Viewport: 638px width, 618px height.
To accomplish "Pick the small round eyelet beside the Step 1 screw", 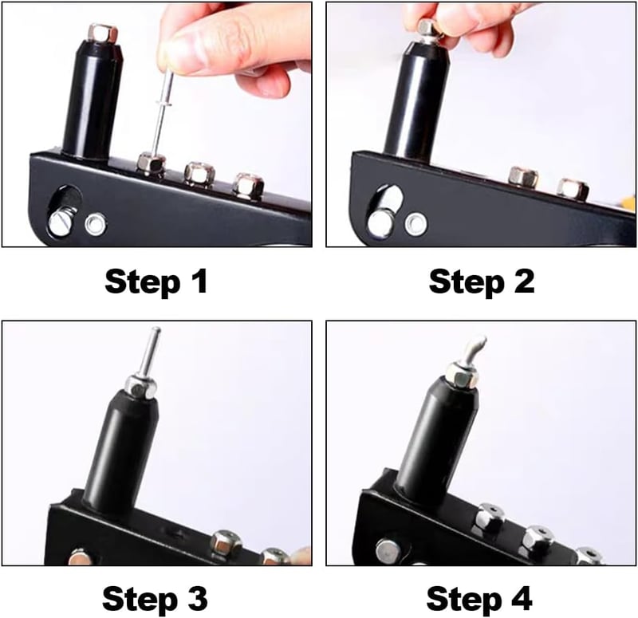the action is point(95,224).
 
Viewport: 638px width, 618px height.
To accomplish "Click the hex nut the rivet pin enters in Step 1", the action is point(152,163).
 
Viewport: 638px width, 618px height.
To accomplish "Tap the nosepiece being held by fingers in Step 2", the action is point(429,30).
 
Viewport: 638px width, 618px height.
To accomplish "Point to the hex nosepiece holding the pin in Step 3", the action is point(141,386).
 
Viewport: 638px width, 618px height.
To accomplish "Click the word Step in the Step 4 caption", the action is point(462,599).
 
